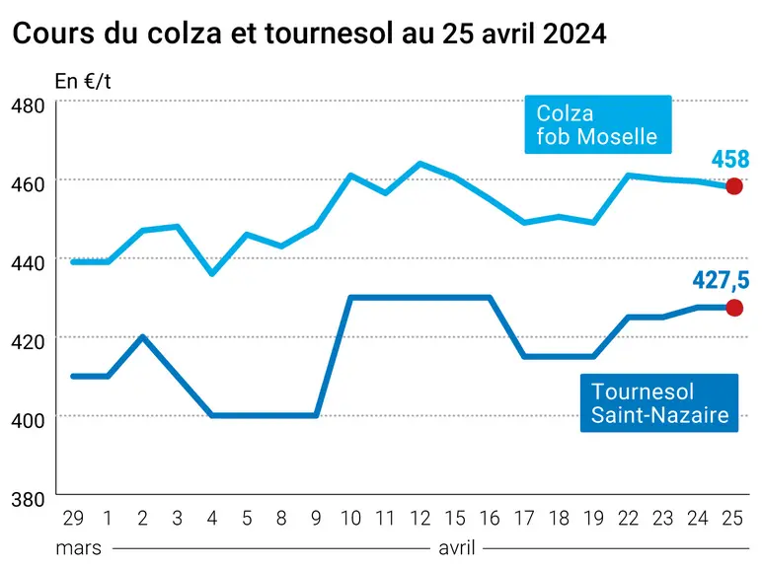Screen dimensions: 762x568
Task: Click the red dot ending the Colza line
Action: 733,186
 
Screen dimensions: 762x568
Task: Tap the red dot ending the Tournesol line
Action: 733,308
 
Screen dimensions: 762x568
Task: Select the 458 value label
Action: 730,159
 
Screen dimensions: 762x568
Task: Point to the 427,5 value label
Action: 721,280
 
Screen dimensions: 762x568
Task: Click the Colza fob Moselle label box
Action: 598,124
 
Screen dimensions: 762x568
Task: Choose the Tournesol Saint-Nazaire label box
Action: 659,403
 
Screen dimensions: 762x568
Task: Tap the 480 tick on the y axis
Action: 28,106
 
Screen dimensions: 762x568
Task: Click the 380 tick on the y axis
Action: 28,499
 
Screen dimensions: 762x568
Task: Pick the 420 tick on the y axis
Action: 28,342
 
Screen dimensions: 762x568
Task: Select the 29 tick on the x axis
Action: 73,519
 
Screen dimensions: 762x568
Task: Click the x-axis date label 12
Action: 420,519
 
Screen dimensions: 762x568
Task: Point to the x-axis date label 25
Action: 732,519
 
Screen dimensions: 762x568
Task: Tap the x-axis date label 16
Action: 490,519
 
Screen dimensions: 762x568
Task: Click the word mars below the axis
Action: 79,548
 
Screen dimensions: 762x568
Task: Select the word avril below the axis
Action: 457,548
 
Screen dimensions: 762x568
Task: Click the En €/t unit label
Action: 83,81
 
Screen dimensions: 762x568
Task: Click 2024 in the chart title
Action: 574,34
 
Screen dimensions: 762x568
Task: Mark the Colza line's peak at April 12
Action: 420,164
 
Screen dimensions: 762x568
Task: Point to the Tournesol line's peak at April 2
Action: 142,336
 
